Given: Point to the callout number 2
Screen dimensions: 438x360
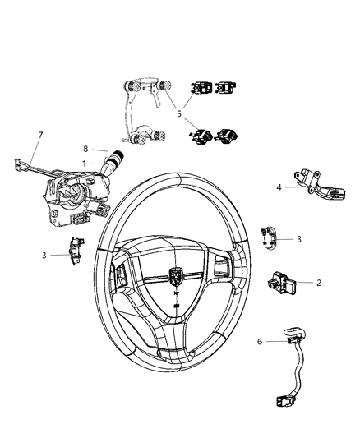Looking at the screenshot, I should pyautogui.click(x=318, y=282).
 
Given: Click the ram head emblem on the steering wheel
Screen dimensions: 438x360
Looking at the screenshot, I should pyautogui.click(x=178, y=278).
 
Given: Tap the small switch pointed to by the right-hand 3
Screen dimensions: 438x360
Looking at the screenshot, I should pyautogui.click(x=269, y=236).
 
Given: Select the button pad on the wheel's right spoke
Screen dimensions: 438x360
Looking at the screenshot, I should pyautogui.click(x=222, y=269).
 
